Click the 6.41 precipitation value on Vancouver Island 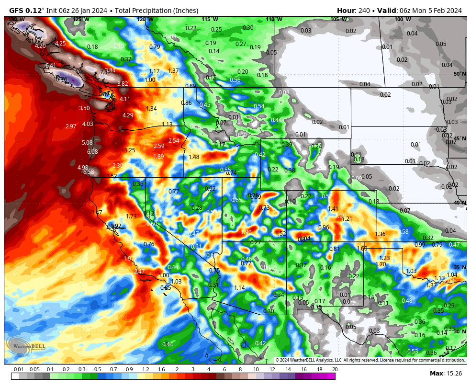click(51, 66)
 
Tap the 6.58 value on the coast click(89, 172)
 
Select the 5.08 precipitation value click(87, 143)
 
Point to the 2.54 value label click(174, 141)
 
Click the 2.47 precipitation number click(139, 272)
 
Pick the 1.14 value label click(239, 288)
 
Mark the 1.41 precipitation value click(333, 209)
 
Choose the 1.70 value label click(381, 264)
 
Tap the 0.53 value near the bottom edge click(413, 352)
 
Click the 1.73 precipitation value click(131, 217)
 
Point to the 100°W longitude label click(402, 20)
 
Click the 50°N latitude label click(460, 74)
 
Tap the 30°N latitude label click(460, 331)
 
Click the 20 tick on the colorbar click(334, 370)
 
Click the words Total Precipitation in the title click(139, 11)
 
